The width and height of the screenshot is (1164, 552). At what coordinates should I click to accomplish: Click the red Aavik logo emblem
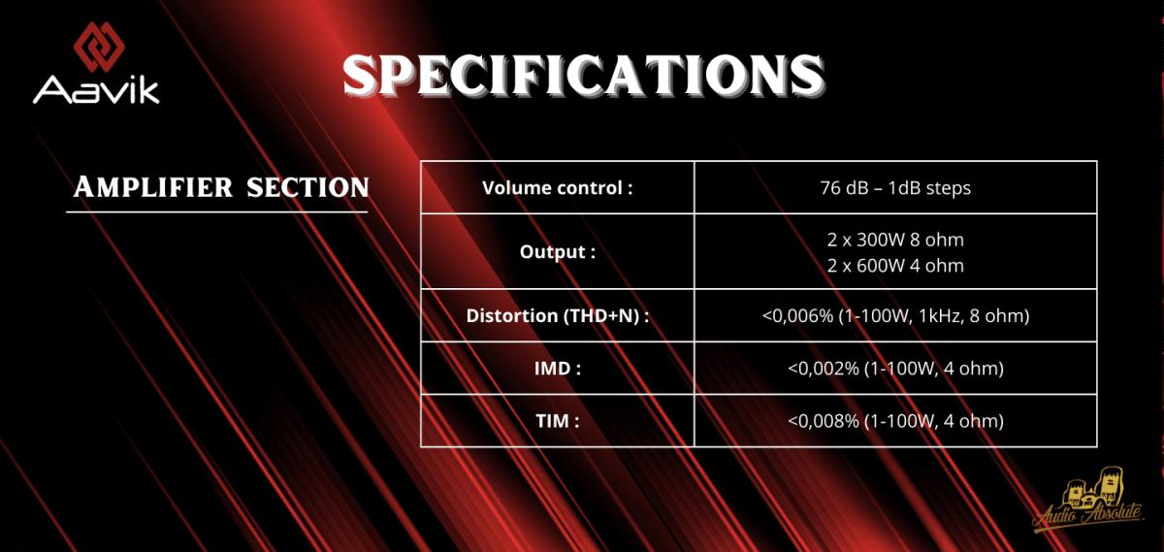click(99, 47)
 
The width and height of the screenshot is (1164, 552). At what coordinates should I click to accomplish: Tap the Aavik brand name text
click(96, 90)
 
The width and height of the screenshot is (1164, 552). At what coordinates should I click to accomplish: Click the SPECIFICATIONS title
click(584, 76)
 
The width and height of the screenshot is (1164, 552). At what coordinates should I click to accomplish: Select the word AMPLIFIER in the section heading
click(153, 187)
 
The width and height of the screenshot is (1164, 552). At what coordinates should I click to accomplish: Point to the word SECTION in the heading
click(307, 187)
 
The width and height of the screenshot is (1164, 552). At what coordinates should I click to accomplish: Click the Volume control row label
click(558, 187)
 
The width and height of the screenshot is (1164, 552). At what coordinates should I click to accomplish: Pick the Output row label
click(558, 252)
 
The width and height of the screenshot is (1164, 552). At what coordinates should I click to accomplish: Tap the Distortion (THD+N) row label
click(558, 315)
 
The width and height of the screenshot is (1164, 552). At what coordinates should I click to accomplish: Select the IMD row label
click(558, 369)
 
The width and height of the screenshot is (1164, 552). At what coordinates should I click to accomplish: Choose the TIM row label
click(558, 421)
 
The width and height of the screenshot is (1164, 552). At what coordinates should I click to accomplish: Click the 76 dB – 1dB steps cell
click(895, 187)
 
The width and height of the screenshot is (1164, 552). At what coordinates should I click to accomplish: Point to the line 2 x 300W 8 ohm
click(895, 240)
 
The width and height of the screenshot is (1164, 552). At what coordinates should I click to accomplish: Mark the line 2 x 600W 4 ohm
click(895, 266)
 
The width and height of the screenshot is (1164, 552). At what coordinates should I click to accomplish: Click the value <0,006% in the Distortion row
click(797, 316)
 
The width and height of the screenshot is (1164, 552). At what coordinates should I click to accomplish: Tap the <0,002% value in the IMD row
click(824, 369)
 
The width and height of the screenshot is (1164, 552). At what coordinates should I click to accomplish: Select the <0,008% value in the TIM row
click(824, 421)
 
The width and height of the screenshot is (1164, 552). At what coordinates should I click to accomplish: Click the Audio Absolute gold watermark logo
click(1088, 500)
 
